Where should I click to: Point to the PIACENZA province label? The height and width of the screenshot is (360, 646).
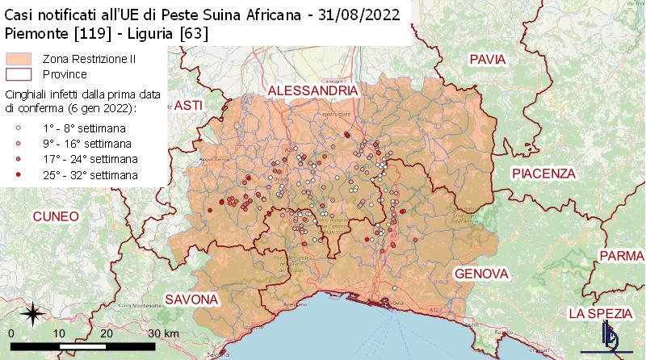tap(543, 174)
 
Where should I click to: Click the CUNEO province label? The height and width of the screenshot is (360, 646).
tap(56, 216)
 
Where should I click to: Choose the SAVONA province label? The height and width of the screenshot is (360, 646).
tap(191, 299)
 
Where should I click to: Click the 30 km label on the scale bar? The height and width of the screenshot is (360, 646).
tap(161, 333)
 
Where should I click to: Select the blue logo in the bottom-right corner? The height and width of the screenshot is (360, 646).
tap(611, 337)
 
